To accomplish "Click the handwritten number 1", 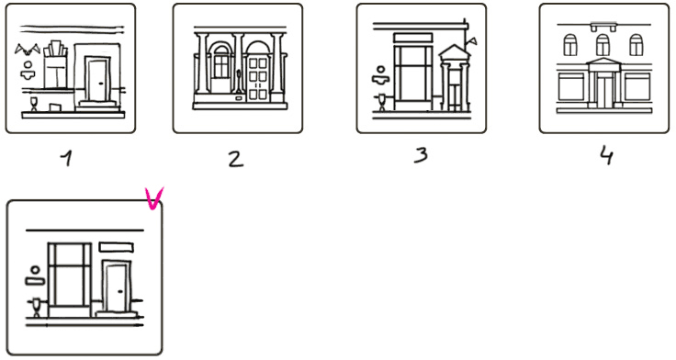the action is click(x=67, y=158).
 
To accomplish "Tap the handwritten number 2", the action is click(x=235, y=158).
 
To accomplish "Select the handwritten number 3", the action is click(x=421, y=155).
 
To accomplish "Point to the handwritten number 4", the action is click(x=606, y=155).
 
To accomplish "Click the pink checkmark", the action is click(x=154, y=198).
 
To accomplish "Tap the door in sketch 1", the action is click(x=97, y=80).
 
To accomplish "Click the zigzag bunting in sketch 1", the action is click(x=28, y=50).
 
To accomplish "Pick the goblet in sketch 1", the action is click(x=34, y=104).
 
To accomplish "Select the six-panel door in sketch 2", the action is click(x=258, y=79).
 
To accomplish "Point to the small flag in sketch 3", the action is click(x=472, y=41).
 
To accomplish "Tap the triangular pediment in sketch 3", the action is click(x=455, y=52).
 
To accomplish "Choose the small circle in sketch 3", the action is click(x=380, y=70).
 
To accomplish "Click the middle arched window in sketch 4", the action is click(x=603, y=45).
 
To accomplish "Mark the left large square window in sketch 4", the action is click(x=571, y=87).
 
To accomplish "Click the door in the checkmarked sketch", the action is click(x=117, y=287).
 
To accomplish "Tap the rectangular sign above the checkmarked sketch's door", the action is click(x=117, y=247).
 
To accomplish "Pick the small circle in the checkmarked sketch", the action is click(x=35, y=270).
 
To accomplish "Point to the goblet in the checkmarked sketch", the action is click(x=36, y=307).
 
